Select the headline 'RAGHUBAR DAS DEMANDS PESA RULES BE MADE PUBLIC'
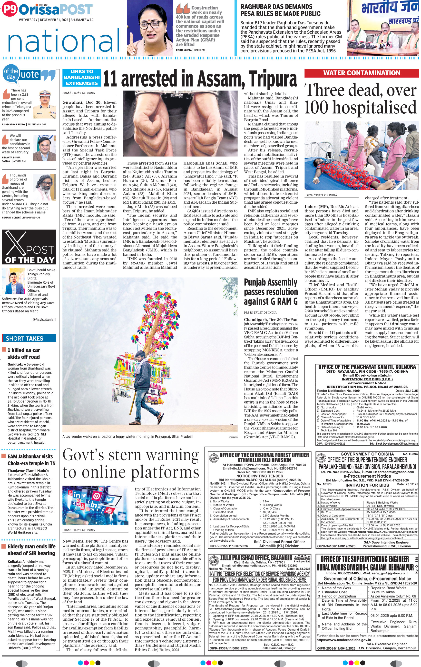(280, 10)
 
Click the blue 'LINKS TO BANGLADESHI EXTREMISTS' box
(82, 77)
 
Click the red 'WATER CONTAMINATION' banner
(362, 73)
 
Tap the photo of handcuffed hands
(180, 123)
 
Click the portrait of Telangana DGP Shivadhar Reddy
(45, 104)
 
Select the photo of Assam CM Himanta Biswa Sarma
(44, 148)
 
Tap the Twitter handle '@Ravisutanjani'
(44, 319)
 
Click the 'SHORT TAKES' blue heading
(25, 338)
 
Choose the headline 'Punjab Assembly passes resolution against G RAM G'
(270, 292)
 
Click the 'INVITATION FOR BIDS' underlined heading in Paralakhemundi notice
(367, 485)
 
